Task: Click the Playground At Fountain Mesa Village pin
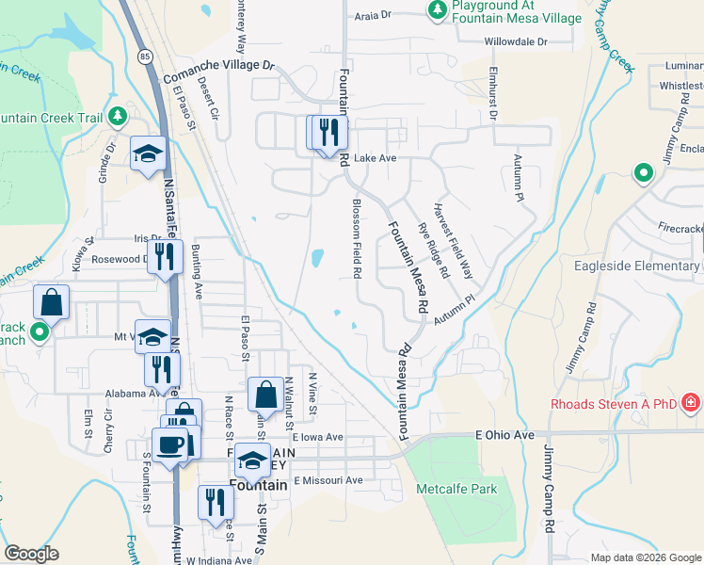[437, 10]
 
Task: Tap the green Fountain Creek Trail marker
[118, 118]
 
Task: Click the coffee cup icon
[170, 445]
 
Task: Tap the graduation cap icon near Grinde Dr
[148, 155]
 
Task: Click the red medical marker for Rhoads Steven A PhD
[692, 404]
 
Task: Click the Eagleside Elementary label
[636, 266]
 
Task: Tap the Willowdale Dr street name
[515, 41]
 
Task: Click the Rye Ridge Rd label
[433, 250]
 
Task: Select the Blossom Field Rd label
[357, 239]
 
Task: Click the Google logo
[32, 554]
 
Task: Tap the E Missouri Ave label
[328, 480]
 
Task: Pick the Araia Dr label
[371, 16]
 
